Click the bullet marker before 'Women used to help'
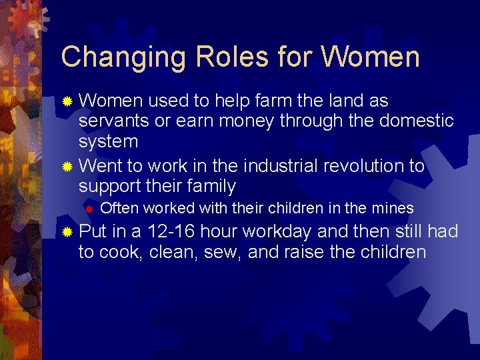[67, 101]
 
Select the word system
[108, 141]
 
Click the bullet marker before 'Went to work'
[67, 166]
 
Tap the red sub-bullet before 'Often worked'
[87, 209]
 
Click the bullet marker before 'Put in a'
[67, 233]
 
